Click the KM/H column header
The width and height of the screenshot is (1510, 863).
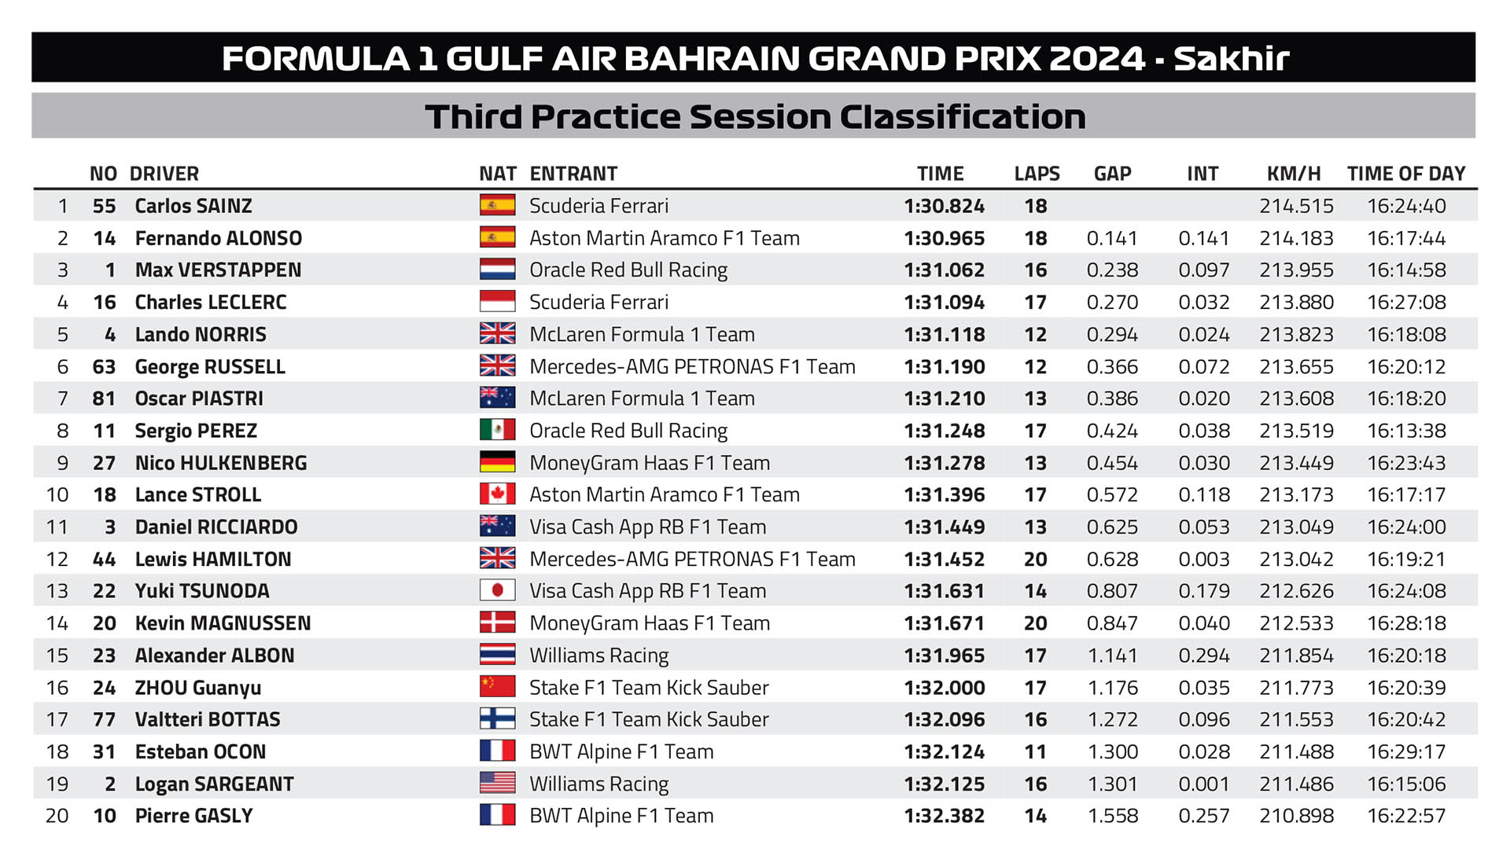pos(1294,174)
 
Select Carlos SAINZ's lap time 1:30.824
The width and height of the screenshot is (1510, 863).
pos(944,206)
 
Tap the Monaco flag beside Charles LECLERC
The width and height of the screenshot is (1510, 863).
pos(497,302)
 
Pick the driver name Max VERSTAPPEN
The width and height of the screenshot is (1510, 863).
pos(218,270)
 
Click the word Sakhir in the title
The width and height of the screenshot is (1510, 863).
pos(1231,58)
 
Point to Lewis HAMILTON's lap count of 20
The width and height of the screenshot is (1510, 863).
pos(1035,560)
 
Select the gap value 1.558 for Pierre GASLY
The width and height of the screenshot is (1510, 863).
pos(1112,816)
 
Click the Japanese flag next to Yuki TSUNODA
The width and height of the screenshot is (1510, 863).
pos(497,590)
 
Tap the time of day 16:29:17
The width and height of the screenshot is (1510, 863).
pos(1406,752)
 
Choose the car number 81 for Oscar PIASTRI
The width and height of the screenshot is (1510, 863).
pos(104,398)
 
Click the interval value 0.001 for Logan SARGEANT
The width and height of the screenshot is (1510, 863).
pos(1203,784)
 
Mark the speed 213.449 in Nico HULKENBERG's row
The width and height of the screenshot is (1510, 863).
pos(1296,463)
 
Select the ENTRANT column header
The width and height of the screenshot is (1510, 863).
pos(573,174)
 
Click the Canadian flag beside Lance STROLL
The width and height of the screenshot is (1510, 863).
pos(497,494)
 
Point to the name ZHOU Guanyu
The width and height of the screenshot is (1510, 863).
pos(198,688)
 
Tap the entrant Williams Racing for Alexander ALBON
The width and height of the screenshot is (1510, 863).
pos(598,656)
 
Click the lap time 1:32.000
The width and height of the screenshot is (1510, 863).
pos(944,688)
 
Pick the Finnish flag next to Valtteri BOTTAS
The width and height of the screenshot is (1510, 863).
pos(497,719)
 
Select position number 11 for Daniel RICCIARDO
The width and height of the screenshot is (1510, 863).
pos(57,527)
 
